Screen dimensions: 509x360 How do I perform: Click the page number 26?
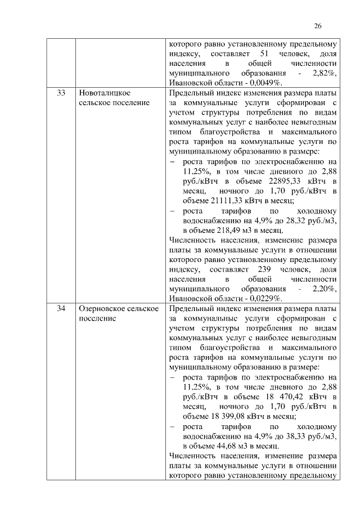point(317,26)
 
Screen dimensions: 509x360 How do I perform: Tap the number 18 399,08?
point(214,416)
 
